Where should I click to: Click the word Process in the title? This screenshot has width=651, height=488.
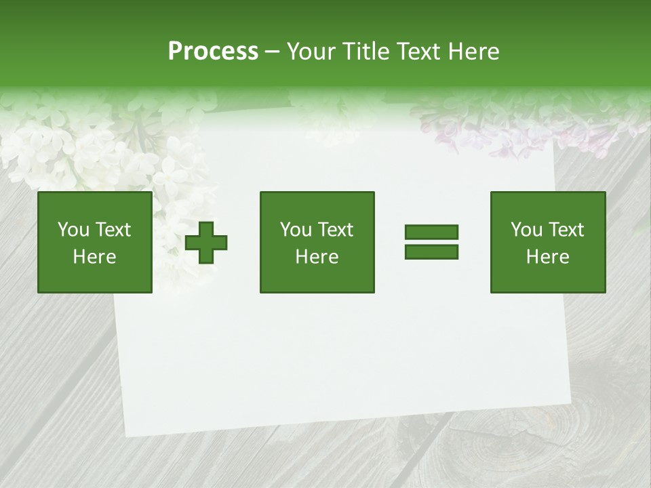point(213,52)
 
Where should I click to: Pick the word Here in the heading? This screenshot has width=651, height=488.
point(475,52)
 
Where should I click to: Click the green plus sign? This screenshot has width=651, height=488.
point(207,243)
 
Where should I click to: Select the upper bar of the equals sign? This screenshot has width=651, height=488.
point(431,232)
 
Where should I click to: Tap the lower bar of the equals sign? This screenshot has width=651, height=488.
point(431,251)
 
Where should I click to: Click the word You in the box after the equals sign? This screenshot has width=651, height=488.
point(526,230)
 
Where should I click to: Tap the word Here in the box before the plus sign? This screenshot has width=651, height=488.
point(94,257)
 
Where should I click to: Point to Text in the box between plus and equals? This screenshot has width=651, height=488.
point(336,230)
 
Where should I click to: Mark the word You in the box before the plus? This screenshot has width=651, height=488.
point(73,230)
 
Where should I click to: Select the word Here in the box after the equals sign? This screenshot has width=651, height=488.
point(548,257)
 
